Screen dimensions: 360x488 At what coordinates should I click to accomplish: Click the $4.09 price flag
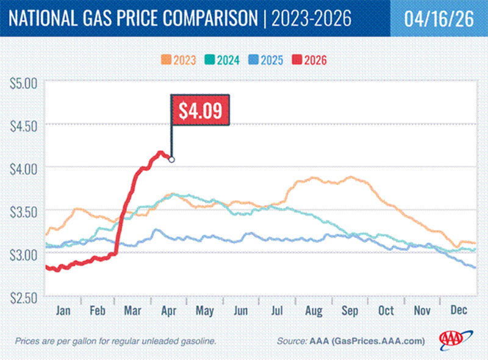[199, 110]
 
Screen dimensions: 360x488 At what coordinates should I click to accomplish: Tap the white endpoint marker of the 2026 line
[171, 160]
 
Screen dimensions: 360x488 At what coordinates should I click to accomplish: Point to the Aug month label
[314, 309]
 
